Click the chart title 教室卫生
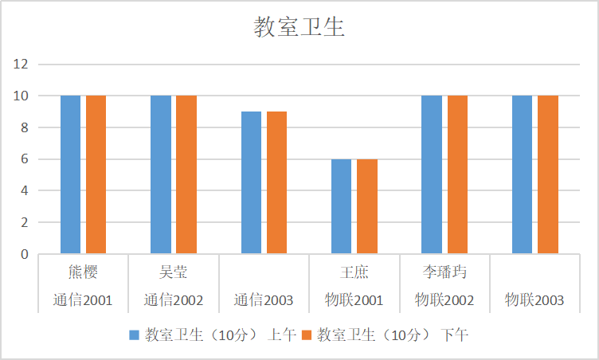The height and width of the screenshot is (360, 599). [299, 28]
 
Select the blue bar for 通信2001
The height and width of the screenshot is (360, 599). [70, 174]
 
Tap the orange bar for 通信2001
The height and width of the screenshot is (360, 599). [96, 174]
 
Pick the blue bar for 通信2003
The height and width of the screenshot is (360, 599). [251, 182]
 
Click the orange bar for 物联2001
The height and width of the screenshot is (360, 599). [367, 206]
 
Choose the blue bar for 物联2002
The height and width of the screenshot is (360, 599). [432, 174]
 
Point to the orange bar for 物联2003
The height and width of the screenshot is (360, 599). [548, 174]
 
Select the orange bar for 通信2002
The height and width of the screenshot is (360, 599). [186, 174]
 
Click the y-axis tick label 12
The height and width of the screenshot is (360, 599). [21, 64]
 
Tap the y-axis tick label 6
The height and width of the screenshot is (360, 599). [24, 159]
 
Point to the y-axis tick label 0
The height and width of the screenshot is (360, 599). [24, 255]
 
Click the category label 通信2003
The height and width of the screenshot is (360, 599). [264, 300]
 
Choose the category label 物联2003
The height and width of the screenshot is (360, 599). [534, 300]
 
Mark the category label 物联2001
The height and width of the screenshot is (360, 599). [354, 300]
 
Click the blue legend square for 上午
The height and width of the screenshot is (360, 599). [134, 335]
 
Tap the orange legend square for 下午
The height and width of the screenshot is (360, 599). [307, 335]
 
